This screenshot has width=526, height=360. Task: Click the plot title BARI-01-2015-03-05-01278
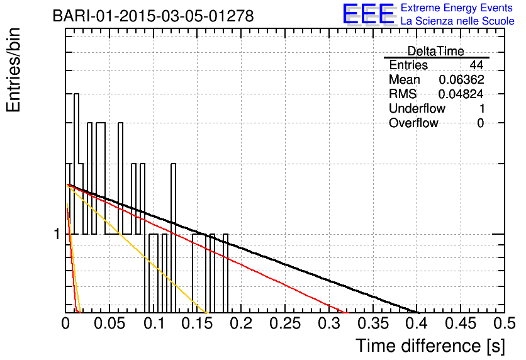(x=153, y=16)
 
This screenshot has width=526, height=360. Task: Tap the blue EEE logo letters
(x=368, y=14)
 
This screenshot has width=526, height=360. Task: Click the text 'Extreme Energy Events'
(x=456, y=8)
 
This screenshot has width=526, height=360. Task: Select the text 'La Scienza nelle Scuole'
(x=457, y=21)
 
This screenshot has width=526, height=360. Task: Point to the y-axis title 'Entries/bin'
(x=13, y=70)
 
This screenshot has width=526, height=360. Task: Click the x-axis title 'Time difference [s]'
(x=430, y=346)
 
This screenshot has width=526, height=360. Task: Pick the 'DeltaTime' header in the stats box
(x=435, y=51)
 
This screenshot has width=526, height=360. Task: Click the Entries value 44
(x=476, y=65)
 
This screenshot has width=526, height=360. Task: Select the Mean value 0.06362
(x=461, y=79)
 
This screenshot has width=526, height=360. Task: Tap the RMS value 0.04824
(x=461, y=94)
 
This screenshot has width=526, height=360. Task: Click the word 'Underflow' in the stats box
(x=417, y=108)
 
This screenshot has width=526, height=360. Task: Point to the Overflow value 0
(x=480, y=123)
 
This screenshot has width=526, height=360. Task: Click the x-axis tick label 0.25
(x=285, y=323)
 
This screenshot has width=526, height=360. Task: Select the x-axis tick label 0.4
(x=417, y=323)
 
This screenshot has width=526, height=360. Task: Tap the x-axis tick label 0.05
(x=109, y=323)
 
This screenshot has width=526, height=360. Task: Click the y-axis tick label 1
(x=57, y=234)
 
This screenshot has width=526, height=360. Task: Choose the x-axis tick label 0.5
(x=505, y=323)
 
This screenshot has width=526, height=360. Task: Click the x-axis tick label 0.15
(x=198, y=323)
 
